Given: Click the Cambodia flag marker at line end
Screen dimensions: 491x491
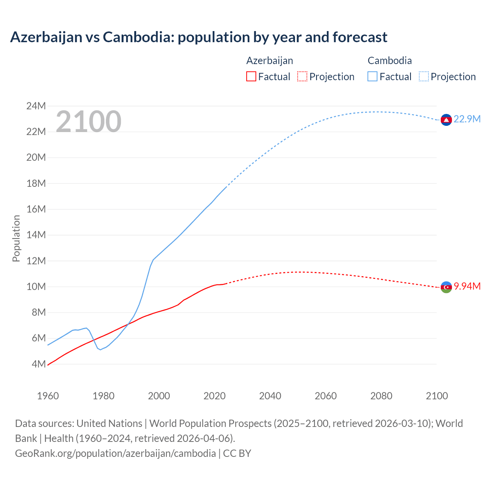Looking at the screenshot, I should pos(446,120).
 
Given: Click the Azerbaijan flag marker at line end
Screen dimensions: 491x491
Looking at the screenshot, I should pos(446,287).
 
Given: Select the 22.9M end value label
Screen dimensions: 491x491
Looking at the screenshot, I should pos(467,119).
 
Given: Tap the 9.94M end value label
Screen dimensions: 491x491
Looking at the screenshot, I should pos(467,287).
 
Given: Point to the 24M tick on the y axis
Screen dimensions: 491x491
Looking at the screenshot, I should pos(36,106).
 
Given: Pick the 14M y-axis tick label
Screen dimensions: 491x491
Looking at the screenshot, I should pos(36,235).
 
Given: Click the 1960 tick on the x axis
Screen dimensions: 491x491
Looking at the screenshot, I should pos(48,396).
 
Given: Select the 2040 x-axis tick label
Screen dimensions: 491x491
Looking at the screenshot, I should pos(270,396).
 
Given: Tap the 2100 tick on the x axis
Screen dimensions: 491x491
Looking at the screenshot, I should pos(437,396).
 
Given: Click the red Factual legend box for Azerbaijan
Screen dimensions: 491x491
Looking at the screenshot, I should pos(251,77).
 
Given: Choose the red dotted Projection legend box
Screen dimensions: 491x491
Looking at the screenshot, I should pos(302,77).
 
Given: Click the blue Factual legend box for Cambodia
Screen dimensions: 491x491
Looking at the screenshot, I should pos(372,77).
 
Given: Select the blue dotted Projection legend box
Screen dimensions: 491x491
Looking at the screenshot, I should pos(423,77).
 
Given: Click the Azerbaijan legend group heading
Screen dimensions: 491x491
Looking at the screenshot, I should pos(269,61).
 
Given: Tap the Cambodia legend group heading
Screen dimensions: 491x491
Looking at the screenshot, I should pos(389,61).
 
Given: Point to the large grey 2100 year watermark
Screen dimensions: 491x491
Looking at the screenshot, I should pos(89,122).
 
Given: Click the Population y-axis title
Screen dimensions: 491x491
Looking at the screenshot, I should pos(16,238).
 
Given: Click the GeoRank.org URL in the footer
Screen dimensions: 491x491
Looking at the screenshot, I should pos(115,453).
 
